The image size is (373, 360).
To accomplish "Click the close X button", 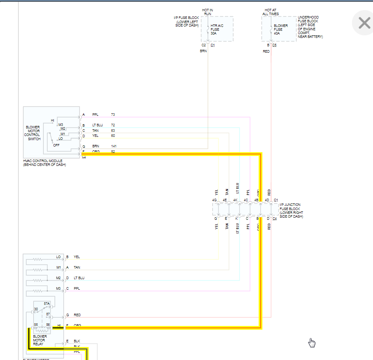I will tap(364, 23).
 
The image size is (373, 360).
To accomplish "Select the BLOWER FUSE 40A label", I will tap(281, 29).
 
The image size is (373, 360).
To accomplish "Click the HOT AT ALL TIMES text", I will tap(270, 12).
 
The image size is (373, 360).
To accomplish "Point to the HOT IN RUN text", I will tap(208, 12).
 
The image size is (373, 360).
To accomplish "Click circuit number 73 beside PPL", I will tap(113, 115).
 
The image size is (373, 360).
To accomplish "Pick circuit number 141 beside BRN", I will tap(114, 146).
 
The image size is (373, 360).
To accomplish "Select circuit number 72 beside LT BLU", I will tap(113, 125).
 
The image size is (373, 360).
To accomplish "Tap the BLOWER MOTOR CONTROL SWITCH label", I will tap(32, 133).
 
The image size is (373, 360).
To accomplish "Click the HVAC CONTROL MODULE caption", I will tap(45, 163).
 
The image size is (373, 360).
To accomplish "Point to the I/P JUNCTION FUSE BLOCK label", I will tap(290, 211).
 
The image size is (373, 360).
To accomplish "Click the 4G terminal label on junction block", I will tap(214, 200).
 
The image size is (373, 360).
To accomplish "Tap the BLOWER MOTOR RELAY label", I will tap(40, 340).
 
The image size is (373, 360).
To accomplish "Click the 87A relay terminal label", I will tap(47, 303).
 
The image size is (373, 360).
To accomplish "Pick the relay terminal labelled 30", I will tap(36, 309).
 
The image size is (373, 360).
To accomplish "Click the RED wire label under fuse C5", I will tap(266, 51).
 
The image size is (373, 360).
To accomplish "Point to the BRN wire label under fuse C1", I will tap(203, 51).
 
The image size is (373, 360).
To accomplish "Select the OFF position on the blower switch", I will tap(56, 145).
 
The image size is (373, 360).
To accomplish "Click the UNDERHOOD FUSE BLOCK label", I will tap(310, 27).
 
